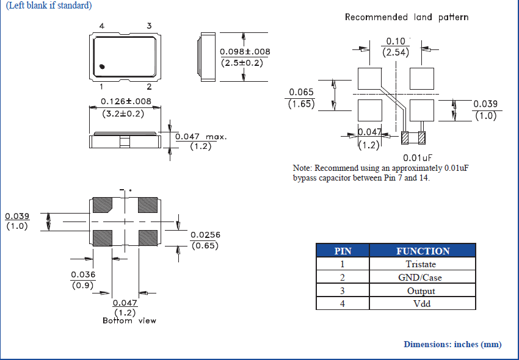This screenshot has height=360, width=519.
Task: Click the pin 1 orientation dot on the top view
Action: tap(103, 65)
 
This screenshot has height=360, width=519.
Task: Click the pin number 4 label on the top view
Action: tap(101, 26)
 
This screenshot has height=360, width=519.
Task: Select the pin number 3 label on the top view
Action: tap(149, 26)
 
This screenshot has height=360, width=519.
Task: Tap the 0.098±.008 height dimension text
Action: tap(245, 52)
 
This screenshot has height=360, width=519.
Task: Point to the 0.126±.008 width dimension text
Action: tap(126, 101)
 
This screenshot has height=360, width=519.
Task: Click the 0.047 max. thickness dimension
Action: tap(200, 137)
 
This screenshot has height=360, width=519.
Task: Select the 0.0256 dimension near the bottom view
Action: tap(206, 235)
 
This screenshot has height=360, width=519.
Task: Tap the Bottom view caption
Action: tap(129, 320)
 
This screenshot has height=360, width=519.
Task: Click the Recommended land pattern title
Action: tap(407, 17)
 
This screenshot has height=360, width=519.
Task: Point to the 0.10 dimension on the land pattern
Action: tap(395, 41)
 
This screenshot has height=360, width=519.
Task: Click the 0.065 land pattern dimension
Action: tap(301, 93)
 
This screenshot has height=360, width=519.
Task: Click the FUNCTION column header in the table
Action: tap(423, 251)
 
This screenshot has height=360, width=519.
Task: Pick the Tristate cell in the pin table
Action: tap(421, 264)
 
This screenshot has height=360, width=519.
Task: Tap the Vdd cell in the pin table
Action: tap(422, 303)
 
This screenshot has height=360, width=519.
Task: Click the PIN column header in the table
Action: tap(343, 251)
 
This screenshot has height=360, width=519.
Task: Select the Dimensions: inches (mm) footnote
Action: tap(452, 344)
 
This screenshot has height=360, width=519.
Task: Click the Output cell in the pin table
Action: tap(421, 290)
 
